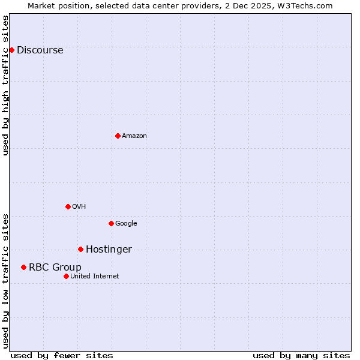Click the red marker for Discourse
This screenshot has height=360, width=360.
(11, 50)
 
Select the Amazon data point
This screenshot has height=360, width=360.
(118, 136)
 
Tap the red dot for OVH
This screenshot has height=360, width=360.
(68, 206)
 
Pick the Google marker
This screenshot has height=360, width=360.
(111, 223)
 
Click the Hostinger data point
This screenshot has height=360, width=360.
(80, 249)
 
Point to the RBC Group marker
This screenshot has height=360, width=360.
(23, 267)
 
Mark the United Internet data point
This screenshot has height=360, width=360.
(66, 276)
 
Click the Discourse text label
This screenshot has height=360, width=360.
(40, 50)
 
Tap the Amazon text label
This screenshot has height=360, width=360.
(134, 136)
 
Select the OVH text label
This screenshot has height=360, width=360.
(79, 206)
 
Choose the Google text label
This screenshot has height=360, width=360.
(126, 223)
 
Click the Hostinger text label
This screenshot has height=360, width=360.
(109, 249)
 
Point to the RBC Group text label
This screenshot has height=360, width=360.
(55, 267)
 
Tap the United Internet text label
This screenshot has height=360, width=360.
(94, 276)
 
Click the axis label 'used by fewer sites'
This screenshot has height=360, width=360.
(62, 355)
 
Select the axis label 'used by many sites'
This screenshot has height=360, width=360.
(301, 355)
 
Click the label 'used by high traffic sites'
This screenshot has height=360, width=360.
(5, 85)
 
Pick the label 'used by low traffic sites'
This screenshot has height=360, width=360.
(5, 280)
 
